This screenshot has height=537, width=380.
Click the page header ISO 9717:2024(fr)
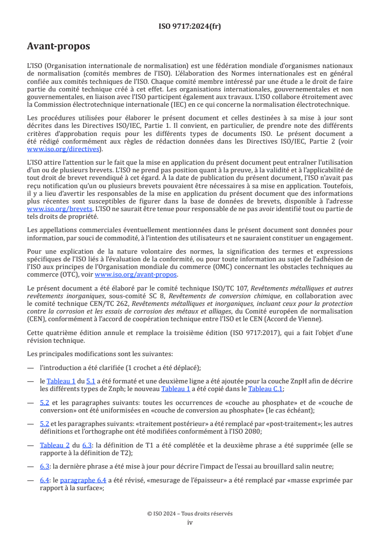(190, 26)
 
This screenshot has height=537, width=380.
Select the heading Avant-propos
(58, 46)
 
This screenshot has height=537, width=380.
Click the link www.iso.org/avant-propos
(136, 274)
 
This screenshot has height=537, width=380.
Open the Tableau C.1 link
(269, 389)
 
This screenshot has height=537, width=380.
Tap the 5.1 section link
(90, 381)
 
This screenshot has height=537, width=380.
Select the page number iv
(190, 522)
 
